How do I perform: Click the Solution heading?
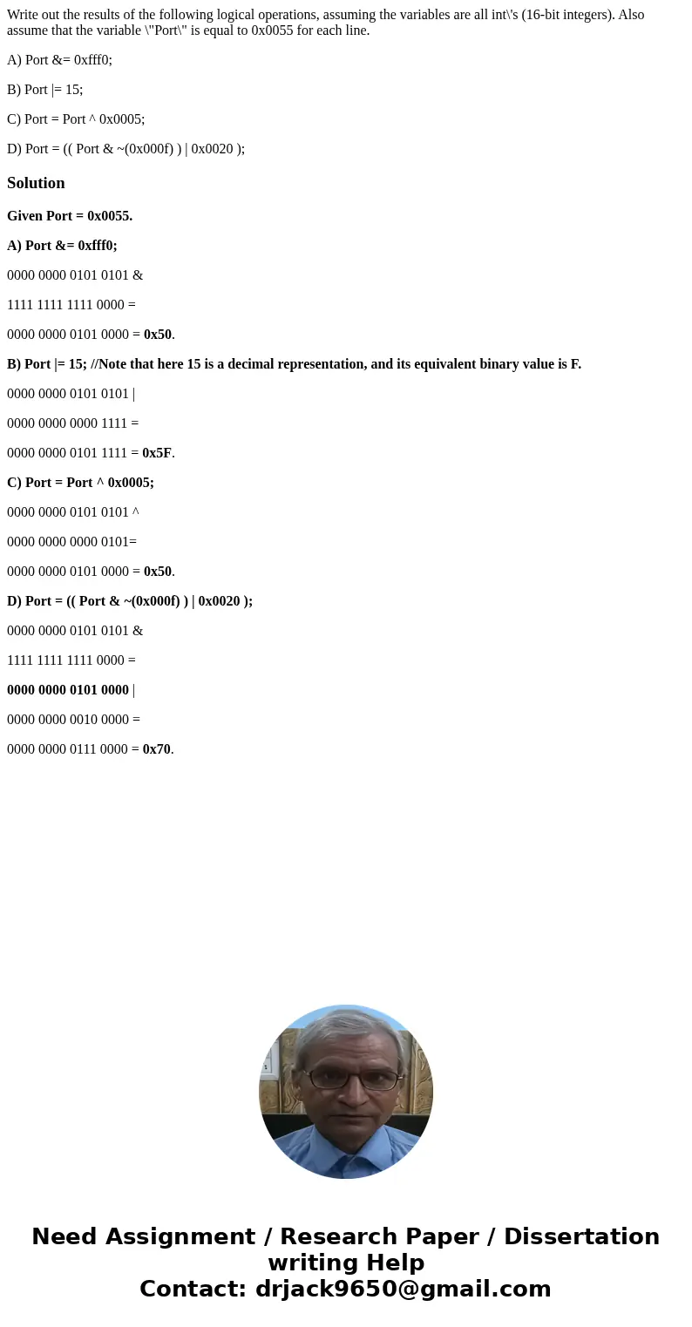[36, 183]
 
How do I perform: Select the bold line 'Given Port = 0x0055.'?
[70, 216]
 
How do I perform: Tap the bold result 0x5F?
[157, 453]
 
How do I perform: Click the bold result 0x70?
[157, 749]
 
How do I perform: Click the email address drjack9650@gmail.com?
[403, 1290]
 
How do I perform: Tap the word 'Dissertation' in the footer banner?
[581, 1237]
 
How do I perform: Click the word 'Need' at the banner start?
[66, 1237]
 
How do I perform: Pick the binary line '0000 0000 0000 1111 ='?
[72, 423]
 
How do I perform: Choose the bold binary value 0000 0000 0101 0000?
[68, 690]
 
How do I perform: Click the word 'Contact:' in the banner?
[193, 1290]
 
